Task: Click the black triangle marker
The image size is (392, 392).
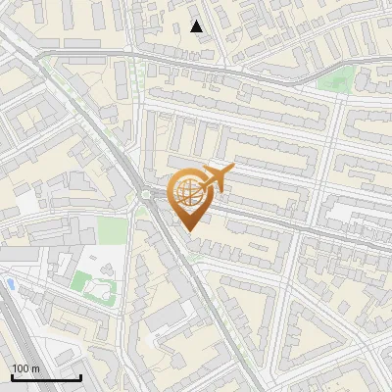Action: (x=197, y=26)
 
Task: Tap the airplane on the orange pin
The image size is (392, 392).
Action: (x=216, y=178)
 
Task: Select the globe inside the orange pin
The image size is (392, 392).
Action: (x=186, y=192)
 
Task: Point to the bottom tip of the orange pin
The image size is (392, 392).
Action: (x=187, y=230)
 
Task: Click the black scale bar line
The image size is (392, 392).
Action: (x=46, y=378)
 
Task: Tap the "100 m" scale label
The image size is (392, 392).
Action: (x=24, y=368)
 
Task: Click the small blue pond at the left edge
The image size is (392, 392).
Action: (x=10, y=283)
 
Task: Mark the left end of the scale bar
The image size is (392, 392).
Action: (x=12, y=378)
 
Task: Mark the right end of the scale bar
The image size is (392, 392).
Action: (x=80, y=378)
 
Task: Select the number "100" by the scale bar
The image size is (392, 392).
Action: (x=20, y=368)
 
